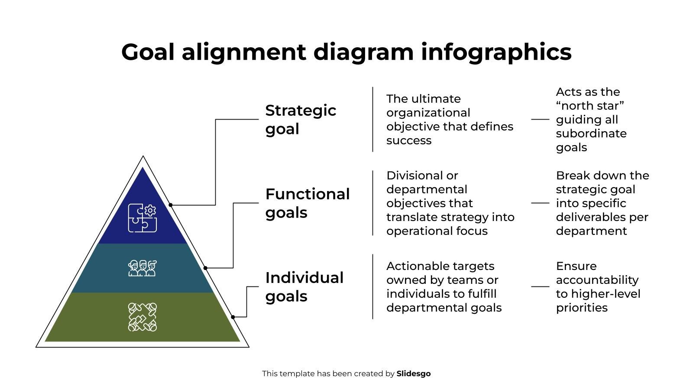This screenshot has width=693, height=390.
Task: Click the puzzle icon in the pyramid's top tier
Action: tap(142, 218)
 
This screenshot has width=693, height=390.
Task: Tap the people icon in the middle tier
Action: tap(142, 268)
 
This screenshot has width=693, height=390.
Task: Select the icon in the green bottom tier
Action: tap(142, 317)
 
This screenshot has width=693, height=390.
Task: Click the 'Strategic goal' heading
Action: tap(301, 119)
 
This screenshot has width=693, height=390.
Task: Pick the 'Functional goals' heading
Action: tap(307, 203)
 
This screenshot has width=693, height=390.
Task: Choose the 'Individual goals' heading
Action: tap(304, 286)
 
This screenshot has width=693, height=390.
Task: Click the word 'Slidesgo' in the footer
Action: tap(414, 374)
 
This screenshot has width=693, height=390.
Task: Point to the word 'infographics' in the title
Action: tap(496, 52)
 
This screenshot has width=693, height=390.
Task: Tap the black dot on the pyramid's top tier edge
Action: tap(171, 205)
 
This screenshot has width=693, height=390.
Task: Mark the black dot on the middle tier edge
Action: tap(205, 268)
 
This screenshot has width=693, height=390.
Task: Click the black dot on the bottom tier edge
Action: tap(233, 317)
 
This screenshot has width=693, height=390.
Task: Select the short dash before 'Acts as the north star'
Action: tap(540, 119)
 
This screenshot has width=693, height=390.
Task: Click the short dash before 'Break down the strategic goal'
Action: tap(540, 203)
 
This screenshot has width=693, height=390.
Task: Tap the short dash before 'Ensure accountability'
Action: tap(540, 286)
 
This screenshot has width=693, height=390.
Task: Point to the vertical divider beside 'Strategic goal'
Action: tap(373, 119)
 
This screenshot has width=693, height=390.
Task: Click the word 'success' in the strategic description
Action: tap(409, 140)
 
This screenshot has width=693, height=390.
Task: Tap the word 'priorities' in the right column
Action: tap(582, 308)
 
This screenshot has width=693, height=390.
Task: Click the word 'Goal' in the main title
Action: tap(148, 52)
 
